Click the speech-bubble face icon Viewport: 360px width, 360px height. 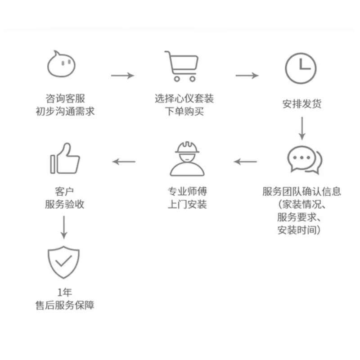[x=62, y=64]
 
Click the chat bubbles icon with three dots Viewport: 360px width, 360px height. [x=305, y=159]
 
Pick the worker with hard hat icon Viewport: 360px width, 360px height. [x=187, y=158]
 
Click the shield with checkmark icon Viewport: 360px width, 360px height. [x=63, y=262]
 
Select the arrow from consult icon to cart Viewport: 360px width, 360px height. [x=122, y=75]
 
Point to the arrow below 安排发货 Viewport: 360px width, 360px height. [x=302, y=127]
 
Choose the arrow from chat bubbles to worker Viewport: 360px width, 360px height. [x=246, y=161]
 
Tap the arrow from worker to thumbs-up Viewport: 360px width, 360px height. [x=124, y=161]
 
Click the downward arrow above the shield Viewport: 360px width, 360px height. [x=64, y=227]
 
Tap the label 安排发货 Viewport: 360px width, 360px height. [x=302, y=104]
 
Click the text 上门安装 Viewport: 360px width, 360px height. [x=187, y=204]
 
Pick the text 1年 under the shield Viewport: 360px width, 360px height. [x=64, y=292]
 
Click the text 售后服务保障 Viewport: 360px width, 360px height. [x=65, y=305]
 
